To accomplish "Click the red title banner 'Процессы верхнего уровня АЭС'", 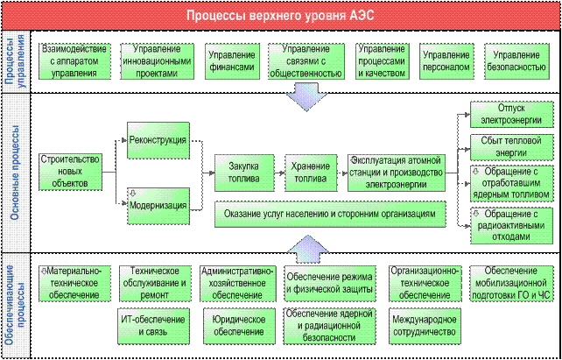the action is (x=281, y=16).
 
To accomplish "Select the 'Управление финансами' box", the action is (x=232, y=61).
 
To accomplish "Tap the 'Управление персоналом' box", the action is (x=446, y=61).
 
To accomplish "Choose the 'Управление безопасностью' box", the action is (x=516, y=61).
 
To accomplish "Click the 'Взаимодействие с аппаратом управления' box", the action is (x=74, y=61).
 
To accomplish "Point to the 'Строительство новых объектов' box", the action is (x=70, y=172).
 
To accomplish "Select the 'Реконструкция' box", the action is (x=158, y=140).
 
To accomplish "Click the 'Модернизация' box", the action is (x=158, y=206).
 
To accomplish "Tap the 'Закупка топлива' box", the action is (x=244, y=173).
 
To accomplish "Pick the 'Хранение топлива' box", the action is (x=311, y=173).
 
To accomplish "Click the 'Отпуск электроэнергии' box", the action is (x=511, y=115).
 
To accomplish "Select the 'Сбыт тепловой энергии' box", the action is (x=511, y=147).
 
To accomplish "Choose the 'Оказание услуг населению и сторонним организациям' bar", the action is (x=330, y=214).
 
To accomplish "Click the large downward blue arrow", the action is (x=306, y=97).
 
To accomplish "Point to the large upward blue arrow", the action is (x=308, y=249).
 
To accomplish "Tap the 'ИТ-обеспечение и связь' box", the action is (x=153, y=326).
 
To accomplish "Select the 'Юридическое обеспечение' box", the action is (x=239, y=326).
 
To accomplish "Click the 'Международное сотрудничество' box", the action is (x=425, y=326).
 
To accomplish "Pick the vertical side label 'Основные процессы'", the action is (x=16, y=173).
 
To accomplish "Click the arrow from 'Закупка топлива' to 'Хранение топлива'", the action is (x=279, y=173).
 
